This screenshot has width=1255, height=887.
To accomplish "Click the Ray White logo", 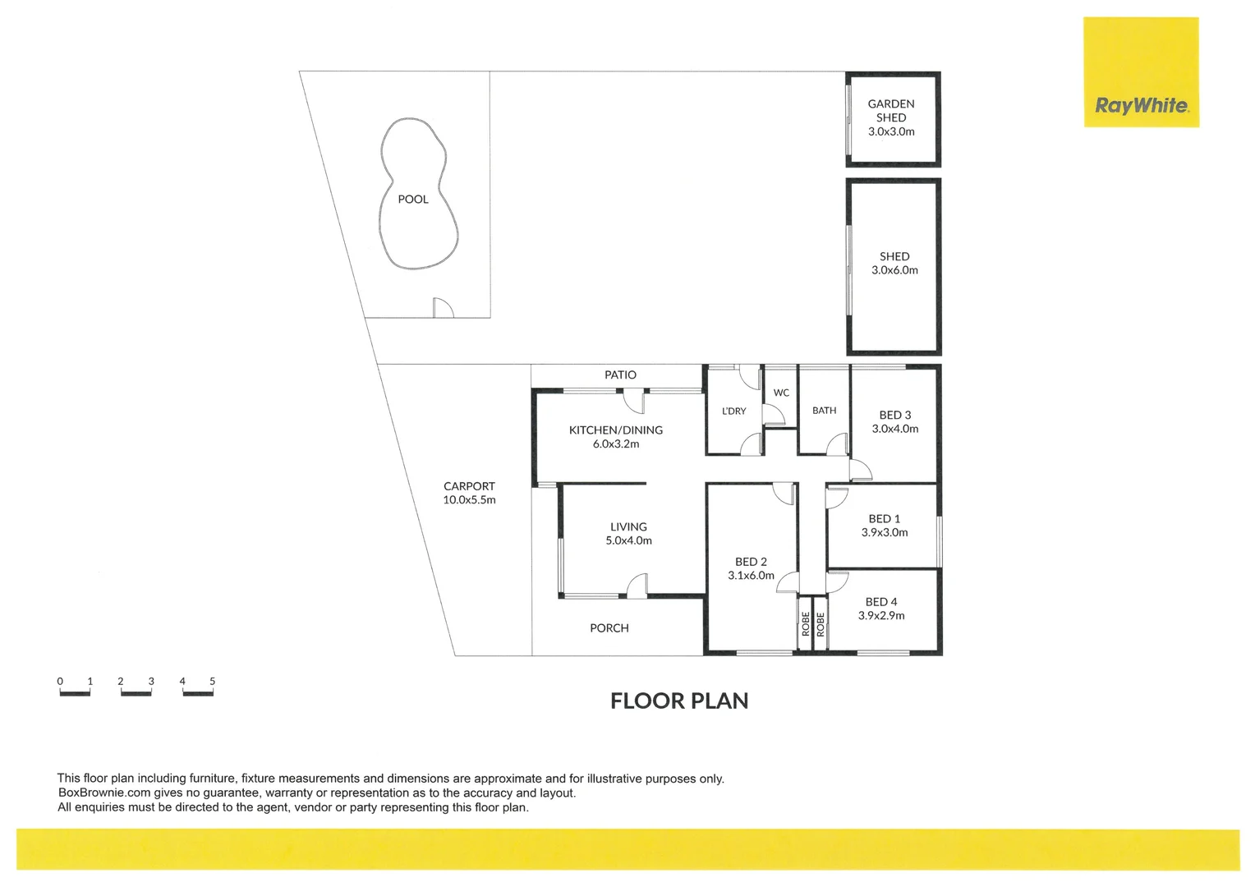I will pyautogui.click(x=1141, y=105).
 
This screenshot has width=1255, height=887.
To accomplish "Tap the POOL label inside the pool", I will pyautogui.click(x=413, y=200).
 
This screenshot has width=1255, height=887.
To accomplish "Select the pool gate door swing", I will pyautogui.click(x=443, y=308).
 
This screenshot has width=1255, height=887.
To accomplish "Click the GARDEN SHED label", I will pyautogui.click(x=891, y=111).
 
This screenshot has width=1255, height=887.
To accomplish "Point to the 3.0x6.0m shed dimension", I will pyautogui.click(x=894, y=270).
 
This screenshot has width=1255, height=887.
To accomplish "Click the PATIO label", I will pyautogui.click(x=620, y=375).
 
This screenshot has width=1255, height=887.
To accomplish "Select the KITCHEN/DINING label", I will pyautogui.click(x=616, y=430).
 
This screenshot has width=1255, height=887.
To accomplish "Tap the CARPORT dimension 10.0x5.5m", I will pyautogui.click(x=469, y=500).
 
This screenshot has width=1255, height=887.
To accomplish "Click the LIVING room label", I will pyautogui.click(x=628, y=527).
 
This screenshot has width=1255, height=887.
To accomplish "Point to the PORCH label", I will pyautogui.click(x=609, y=628).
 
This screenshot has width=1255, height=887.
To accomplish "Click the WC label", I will pyautogui.click(x=781, y=393).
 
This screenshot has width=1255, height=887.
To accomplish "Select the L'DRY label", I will pyautogui.click(x=733, y=411).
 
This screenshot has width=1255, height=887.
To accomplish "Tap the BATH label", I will pyautogui.click(x=824, y=411).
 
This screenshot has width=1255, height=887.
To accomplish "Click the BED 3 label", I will pyautogui.click(x=894, y=416).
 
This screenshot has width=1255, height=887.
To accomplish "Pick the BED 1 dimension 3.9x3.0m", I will pyautogui.click(x=885, y=533).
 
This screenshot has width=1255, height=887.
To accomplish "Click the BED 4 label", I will pyautogui.click(x=881, y=602).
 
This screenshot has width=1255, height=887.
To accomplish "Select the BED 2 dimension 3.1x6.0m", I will pyautogui.click(x=751, y=576).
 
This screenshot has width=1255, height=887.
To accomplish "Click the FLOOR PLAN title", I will pyautogui.click(x=679, y=701).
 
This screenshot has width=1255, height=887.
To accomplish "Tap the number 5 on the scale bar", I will pyautogui.click(x=213, y=682).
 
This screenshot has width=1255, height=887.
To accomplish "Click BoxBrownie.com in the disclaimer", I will pyautogui.click(x=104, y=793).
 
